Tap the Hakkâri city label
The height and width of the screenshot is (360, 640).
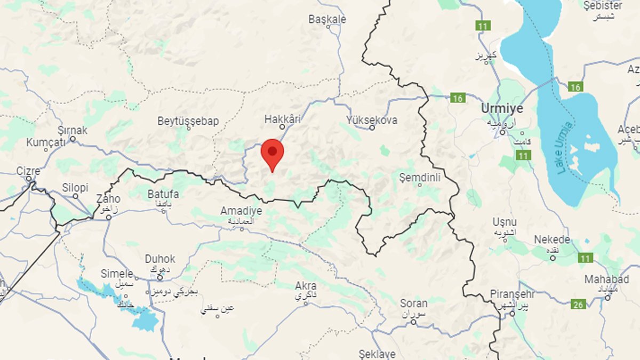tap(283, 119)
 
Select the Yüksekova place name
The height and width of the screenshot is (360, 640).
tap(372, 120)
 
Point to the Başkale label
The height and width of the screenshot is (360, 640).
tap(327, 19)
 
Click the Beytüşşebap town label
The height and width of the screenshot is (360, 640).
tap(188, 121)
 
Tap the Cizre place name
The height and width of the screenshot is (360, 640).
tap(28, 171)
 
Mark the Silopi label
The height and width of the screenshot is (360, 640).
tap(75, 188)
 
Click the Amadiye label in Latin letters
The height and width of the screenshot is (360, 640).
tap(241, 211)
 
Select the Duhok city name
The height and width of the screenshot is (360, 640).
tap(160, 259)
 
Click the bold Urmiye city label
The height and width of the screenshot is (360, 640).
tap(502, 108)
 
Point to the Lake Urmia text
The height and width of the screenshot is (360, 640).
tap(564, 148)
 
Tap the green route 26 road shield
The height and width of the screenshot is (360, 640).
tap(578, 305)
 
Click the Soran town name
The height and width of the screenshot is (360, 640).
tap(414, 303)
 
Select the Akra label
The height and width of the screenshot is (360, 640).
tap(306, 286)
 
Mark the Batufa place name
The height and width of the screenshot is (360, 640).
tap(163, 194)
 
